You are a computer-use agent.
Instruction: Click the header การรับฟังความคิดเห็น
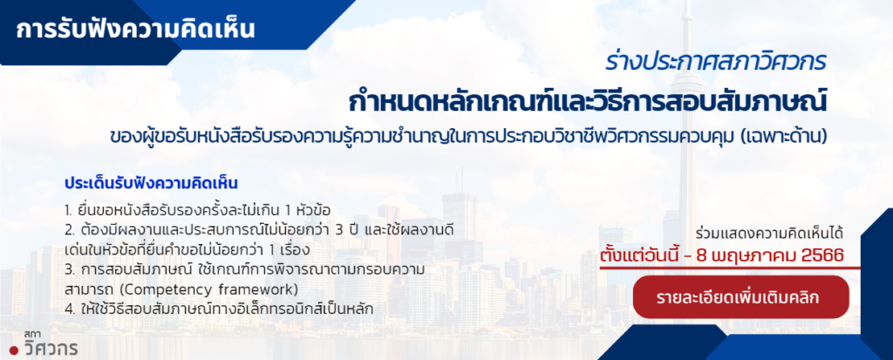coord(135,30)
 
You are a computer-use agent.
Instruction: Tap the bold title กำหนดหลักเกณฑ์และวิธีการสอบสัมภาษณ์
coord(587,102)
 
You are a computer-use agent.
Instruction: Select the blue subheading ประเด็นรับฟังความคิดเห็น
coord(151,184)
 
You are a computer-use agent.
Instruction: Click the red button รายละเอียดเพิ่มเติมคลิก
coord(740,297)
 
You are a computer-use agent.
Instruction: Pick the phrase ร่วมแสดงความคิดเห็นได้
coord(769,234)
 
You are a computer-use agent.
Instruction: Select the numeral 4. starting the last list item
coord(69,309)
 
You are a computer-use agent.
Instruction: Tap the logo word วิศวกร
coord(51,346)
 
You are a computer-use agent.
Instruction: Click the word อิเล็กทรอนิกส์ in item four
coord(279,309)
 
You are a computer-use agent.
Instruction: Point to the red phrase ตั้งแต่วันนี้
coord(638,255)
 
